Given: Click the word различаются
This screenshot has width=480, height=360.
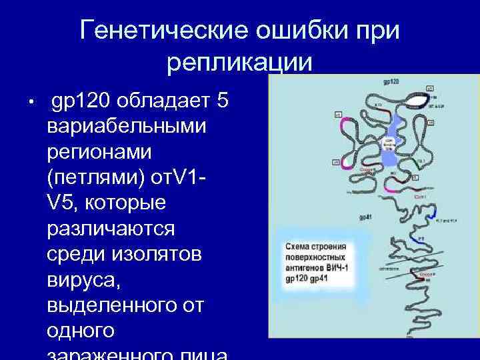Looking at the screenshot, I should click(111, 227).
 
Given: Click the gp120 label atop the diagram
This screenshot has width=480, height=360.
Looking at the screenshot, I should click(391, 82).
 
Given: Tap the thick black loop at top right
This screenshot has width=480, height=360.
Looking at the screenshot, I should click(419, 101).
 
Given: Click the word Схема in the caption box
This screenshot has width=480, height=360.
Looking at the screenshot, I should click(297, 245).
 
